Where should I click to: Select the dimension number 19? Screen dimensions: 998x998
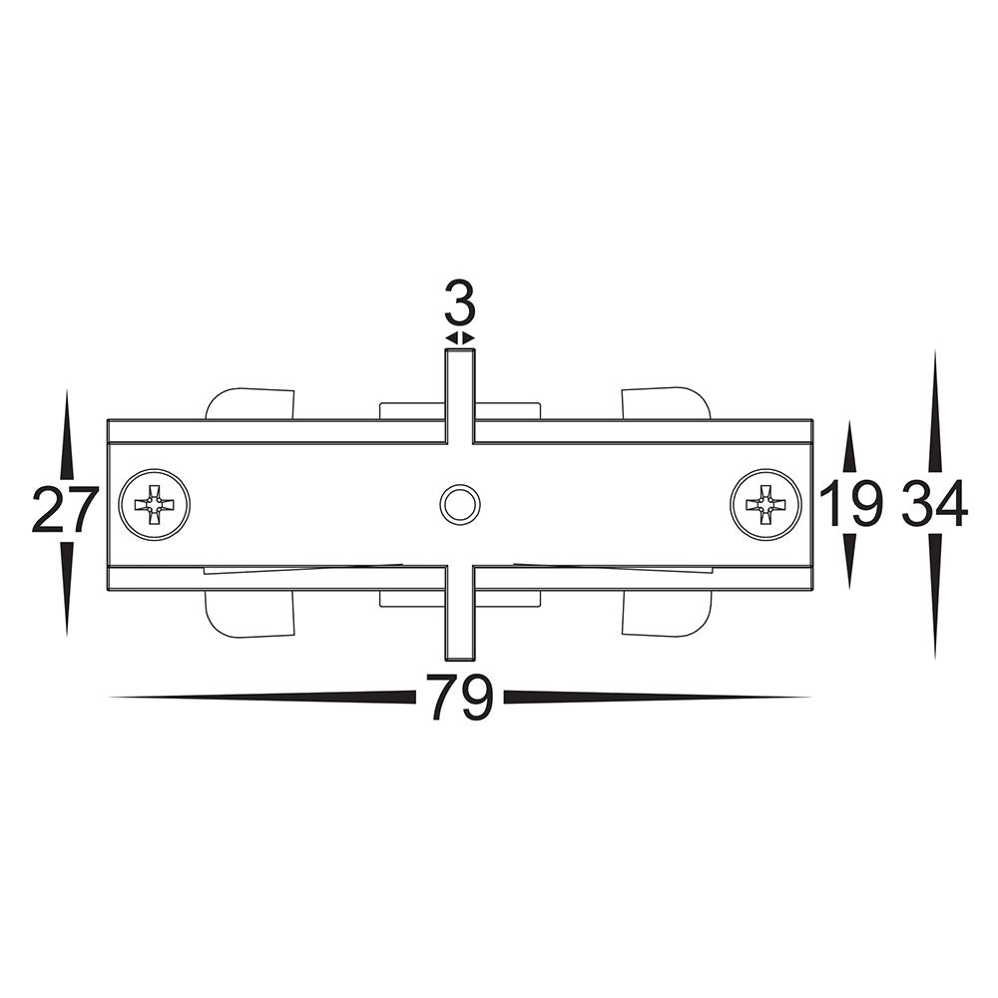pyautogui.click(x=851, y=503)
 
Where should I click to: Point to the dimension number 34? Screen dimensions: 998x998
pyautogui.click(x=934, y=503)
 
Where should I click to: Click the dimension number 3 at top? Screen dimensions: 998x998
pyautogui.click(x=460, y=307)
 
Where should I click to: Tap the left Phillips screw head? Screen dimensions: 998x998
pyautogui.click(x=156, y=505)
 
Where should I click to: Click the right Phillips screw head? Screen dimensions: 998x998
pyautogui.click(x=766, y=504)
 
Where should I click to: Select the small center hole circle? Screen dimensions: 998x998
pyautogui.click(x=459, y=505)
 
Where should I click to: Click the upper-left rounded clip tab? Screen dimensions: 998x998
pyautogui.click(x=250, y=403)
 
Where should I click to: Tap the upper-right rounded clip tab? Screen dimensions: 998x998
pyautogui.click(x=665, y=402)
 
